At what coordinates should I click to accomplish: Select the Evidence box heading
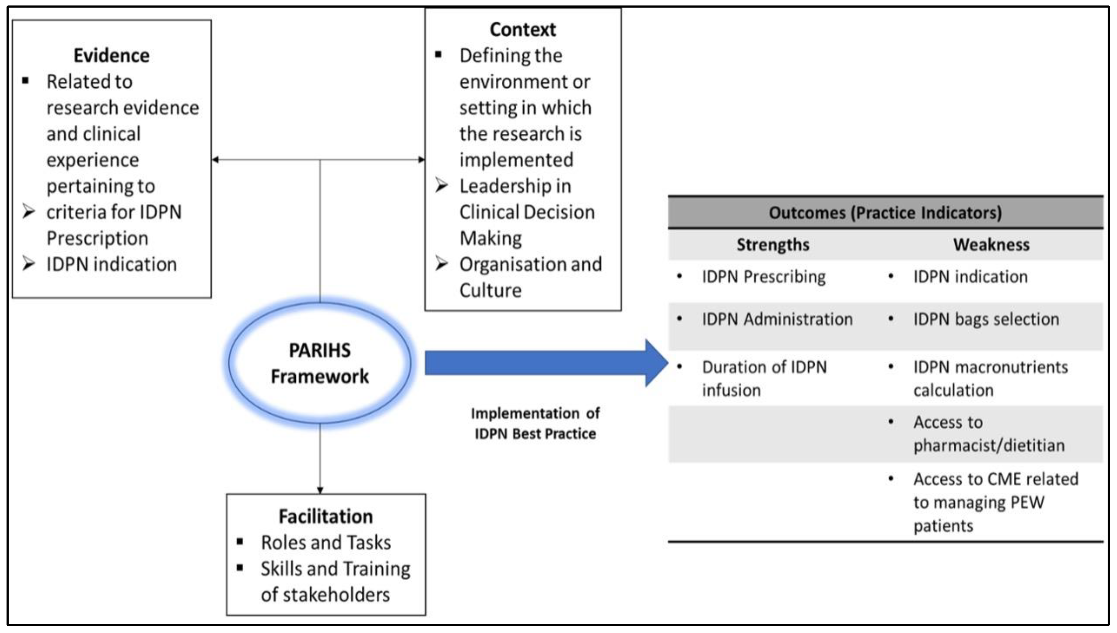[x=112, y=56]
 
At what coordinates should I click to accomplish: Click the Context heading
[x=523, y=29]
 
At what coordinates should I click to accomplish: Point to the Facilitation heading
[x=325, y=517]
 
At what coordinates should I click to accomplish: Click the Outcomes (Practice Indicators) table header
[x=885, y=212]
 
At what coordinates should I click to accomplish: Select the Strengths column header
[x=773, y=245]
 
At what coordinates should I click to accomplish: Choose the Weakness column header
[x=991, y=245]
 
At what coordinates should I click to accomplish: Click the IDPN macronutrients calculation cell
[x=990, y=378]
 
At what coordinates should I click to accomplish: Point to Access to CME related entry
[x=995, y=502]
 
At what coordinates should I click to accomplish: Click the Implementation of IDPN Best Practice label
[x=535, y=423]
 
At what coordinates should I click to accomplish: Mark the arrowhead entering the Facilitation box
[x=320, y=490]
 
